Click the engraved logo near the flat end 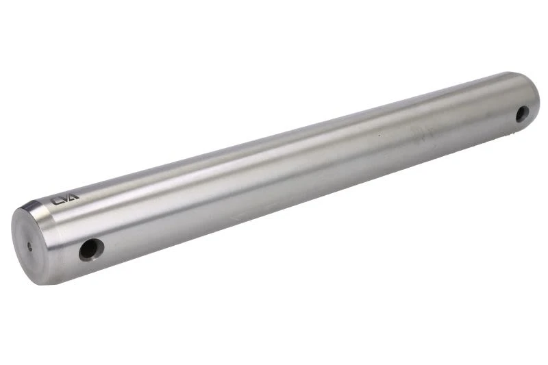(x=65, y=199)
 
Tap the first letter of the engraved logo (x=56, y=201)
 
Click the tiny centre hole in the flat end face (x=29, y=247)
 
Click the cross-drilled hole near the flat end (x=91, y=250)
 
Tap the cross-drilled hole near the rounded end (x=522, y=114)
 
